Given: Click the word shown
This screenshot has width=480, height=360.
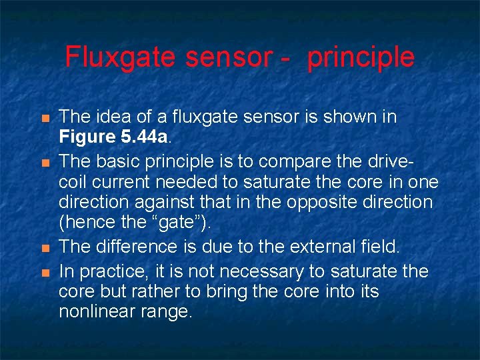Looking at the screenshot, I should click(x=355, y=117).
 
